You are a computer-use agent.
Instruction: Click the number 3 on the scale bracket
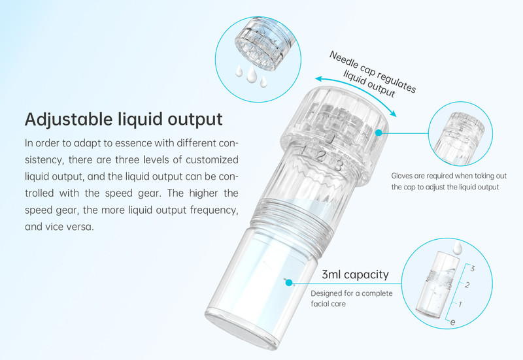[x=472, y=269]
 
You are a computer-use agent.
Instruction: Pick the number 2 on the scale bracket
[x=467, y=285]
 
